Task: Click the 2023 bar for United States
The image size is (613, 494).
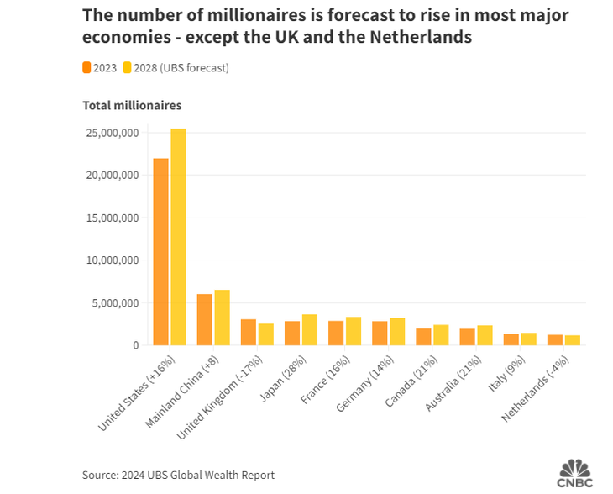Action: coord(160,252)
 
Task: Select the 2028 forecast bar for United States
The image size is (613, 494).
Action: coord(178,237)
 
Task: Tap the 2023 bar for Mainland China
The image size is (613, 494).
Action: coord(205,319)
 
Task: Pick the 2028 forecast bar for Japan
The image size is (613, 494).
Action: coord(310,329)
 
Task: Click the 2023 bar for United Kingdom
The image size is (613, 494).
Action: coord(249,332)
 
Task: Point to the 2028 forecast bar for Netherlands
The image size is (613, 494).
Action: coord(573,340)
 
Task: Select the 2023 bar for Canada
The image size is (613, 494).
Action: coord(424,336)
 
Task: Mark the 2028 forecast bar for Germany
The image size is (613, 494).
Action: coord(397,331)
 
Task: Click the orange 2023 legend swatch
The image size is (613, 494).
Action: coord(86,68)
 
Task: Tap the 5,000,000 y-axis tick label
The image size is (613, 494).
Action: coord(113,303)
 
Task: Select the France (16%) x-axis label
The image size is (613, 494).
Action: coord(322,377)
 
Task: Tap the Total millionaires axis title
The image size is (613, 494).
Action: coord(132,105)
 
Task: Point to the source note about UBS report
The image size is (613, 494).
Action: coord(178,475)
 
